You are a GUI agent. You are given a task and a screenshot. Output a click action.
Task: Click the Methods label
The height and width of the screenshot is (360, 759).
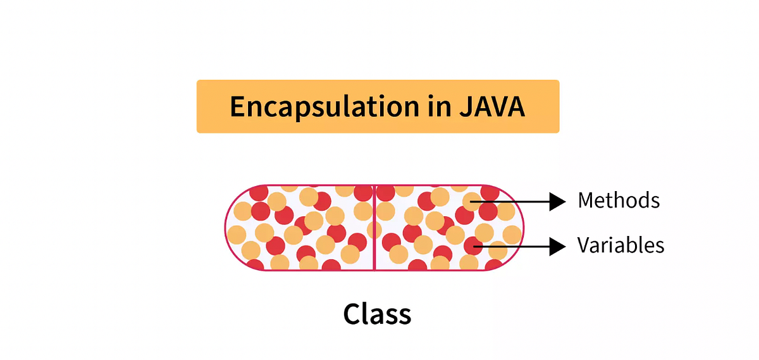(619, 201)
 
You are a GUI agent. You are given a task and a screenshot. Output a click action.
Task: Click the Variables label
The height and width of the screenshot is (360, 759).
(620, 245)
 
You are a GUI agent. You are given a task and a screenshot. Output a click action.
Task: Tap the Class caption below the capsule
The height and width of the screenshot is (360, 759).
(378, 313)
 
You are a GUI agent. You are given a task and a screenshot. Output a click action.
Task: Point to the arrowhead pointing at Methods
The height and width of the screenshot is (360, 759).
(557, 202)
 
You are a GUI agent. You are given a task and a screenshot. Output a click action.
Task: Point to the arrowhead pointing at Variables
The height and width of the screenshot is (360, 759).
(557, 245)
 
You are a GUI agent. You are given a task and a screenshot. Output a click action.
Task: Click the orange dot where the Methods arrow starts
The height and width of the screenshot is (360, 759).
(472, 202)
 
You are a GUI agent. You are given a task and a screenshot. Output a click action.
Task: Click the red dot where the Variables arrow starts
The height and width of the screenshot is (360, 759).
(473, 245)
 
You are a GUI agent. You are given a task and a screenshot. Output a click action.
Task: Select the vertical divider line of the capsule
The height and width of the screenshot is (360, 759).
(375, 228)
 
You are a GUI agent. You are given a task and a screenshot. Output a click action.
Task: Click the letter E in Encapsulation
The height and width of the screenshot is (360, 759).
(237, 106)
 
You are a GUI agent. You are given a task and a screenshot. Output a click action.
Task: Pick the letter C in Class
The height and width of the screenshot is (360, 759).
(352, 313)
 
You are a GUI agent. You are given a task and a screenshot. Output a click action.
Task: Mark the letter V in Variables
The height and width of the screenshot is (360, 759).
(584, 245)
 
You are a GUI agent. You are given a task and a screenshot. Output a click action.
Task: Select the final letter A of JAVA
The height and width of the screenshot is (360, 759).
(515, 106)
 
